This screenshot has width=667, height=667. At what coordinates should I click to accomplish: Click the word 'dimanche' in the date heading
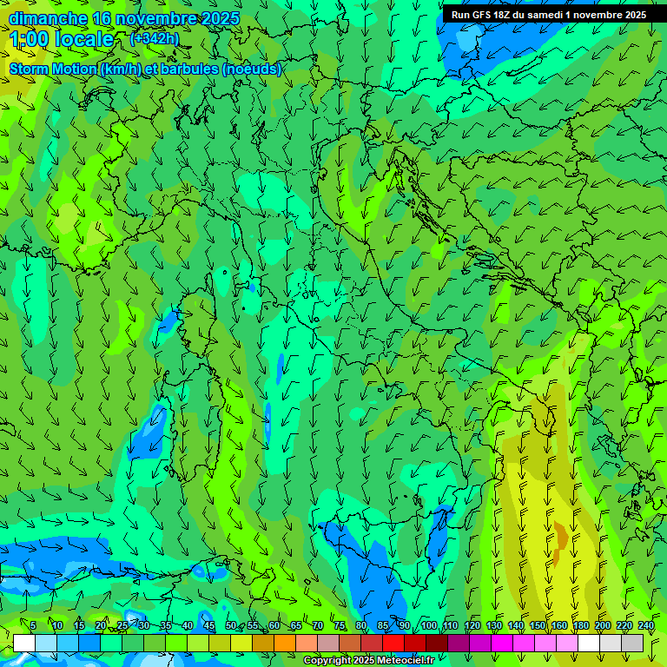tap(48, 18)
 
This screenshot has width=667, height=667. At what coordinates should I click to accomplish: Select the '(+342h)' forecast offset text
tap(155, 38)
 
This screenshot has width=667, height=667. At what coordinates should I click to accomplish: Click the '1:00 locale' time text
tap(62, 39)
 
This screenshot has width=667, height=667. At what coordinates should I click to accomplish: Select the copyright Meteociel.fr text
tap(368, 660)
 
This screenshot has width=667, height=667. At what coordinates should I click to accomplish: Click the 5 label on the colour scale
tap(33, 625)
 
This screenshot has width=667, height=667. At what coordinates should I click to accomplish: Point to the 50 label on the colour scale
tap(230, 625)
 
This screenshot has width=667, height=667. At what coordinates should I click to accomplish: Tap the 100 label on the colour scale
tap(428, 625)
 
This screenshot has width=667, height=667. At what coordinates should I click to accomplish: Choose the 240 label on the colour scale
tap(646, 625)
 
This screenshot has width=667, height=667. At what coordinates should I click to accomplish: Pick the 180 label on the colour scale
tap(580, 625)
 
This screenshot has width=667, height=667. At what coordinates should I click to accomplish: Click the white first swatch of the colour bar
tap(24, 643)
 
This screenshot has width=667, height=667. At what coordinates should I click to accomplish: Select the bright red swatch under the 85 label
tap(393, 643)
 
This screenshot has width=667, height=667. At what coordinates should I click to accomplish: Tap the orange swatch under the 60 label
tap(285, 643)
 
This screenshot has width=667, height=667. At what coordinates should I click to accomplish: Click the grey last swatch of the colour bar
tap(632, 643)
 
